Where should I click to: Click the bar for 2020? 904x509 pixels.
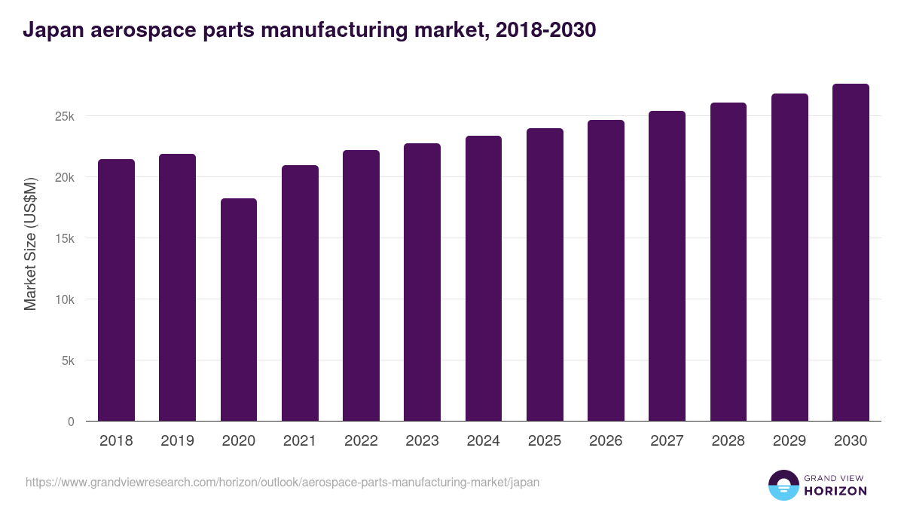[x=239, y=310]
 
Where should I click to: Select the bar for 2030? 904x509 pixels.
[x=851, y=253]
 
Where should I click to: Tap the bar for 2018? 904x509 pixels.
[x=116, y=290]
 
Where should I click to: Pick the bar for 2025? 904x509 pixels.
[x=545, y=274]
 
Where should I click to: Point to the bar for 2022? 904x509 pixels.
[x=361, y=286]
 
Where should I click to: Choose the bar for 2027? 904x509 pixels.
[x=667, y=266]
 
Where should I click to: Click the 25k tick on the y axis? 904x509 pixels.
[x=64, y=116]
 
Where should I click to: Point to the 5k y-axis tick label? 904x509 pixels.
[x=67, y=360]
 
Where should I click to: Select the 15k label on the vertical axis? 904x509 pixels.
[x=64, y=238]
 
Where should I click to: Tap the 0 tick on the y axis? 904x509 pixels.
[x=71, y=422]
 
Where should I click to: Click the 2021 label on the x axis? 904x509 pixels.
[x=300, y=441]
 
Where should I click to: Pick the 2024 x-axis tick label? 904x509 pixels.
[x=483, y=441]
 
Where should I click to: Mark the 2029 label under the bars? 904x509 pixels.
[x=789, y=441]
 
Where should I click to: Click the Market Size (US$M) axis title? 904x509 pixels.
[x=30, y=244]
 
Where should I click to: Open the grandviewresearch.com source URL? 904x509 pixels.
[x=282, y=482]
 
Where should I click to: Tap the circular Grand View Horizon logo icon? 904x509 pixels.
[x=783, y=485]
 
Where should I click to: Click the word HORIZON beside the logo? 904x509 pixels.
[x=835, y=491]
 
